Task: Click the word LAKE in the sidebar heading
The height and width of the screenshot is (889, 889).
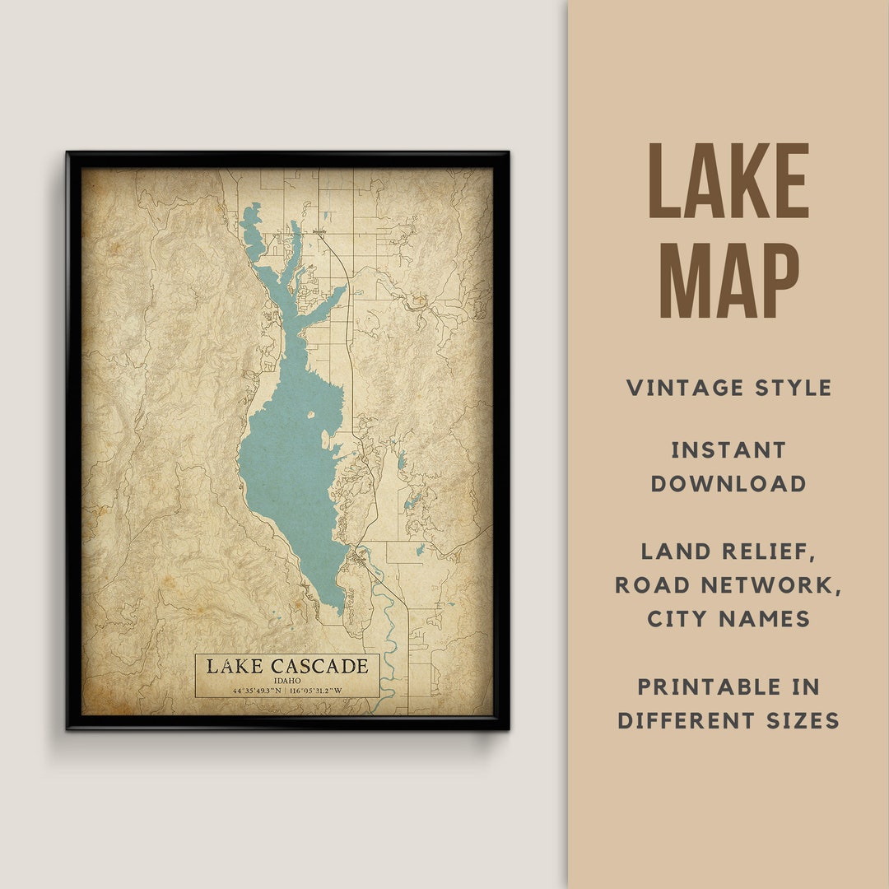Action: tap(729, 181)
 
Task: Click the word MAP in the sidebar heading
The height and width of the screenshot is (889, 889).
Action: tap(729, 279)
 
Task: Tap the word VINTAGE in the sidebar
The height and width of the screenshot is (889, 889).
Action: tap(688, 388)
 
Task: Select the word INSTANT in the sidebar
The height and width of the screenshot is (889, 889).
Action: tap(728, 450)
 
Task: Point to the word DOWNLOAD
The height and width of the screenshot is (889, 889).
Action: tap(728, 484)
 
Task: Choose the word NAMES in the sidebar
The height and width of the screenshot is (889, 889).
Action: tap(770, 619)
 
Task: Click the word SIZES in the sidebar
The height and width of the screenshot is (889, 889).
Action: tap(798, 720)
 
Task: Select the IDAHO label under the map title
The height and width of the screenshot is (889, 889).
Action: tap(287, 681)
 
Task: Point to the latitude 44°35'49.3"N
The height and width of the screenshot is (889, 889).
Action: tap(244, 691)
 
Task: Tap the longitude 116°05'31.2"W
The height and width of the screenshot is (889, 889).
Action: tap(328, 691)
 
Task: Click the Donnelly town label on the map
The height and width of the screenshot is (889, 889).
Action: tap(320, 231)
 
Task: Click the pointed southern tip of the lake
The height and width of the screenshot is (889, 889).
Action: tap(339, 609)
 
